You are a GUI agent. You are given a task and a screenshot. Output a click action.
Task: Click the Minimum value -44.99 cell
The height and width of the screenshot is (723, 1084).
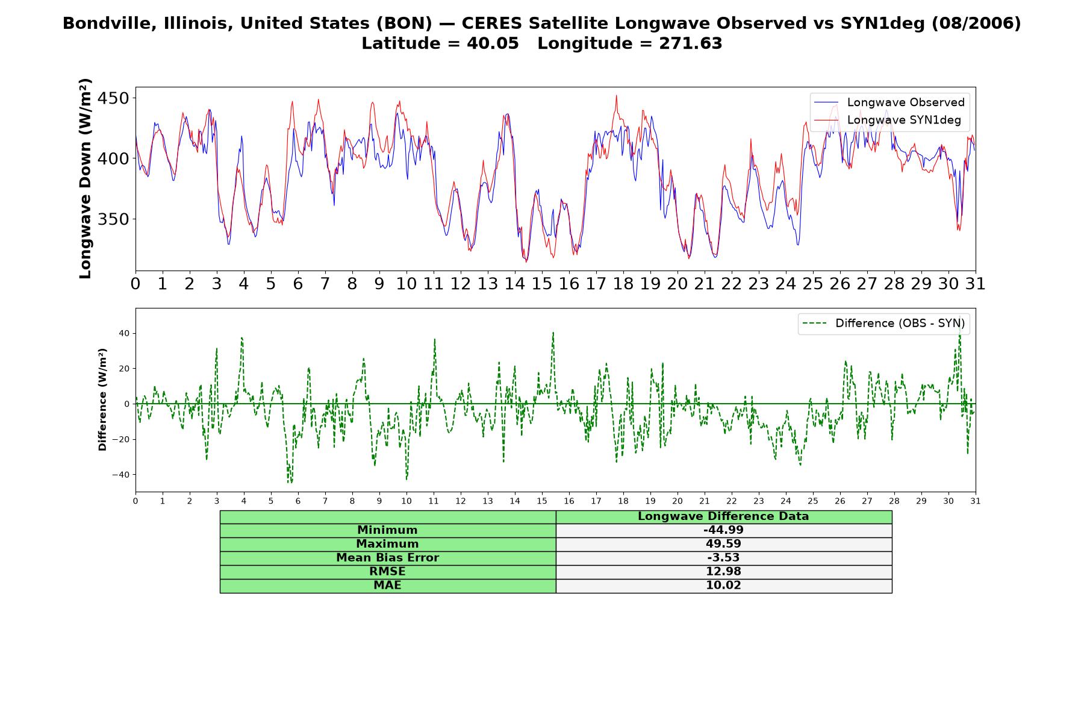coord(723,530)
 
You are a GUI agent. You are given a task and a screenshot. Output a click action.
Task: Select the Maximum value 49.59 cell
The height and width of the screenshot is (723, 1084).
coord(723,544)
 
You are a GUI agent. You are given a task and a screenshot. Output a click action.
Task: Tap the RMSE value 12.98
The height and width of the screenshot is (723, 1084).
coord(723,572)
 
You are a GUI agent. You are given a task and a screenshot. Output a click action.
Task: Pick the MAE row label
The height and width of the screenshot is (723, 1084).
coord(387,586)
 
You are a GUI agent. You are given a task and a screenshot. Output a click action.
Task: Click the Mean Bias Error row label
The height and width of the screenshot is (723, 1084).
coord(387,558)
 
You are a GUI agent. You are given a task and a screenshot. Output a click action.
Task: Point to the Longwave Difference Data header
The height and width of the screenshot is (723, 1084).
coord(723,516)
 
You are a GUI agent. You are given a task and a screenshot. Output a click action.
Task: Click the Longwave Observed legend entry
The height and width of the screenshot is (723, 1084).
coord(889,102)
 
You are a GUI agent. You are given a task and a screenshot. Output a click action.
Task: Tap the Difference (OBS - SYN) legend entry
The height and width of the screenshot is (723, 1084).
coord(883,324)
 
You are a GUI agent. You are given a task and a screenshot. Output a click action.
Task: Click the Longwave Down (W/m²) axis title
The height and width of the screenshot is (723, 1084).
coord(85,178)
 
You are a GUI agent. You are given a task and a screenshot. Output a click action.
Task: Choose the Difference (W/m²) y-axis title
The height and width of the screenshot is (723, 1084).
coord(102,399)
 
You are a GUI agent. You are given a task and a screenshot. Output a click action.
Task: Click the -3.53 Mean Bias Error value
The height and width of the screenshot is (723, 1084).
coord(723,558)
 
